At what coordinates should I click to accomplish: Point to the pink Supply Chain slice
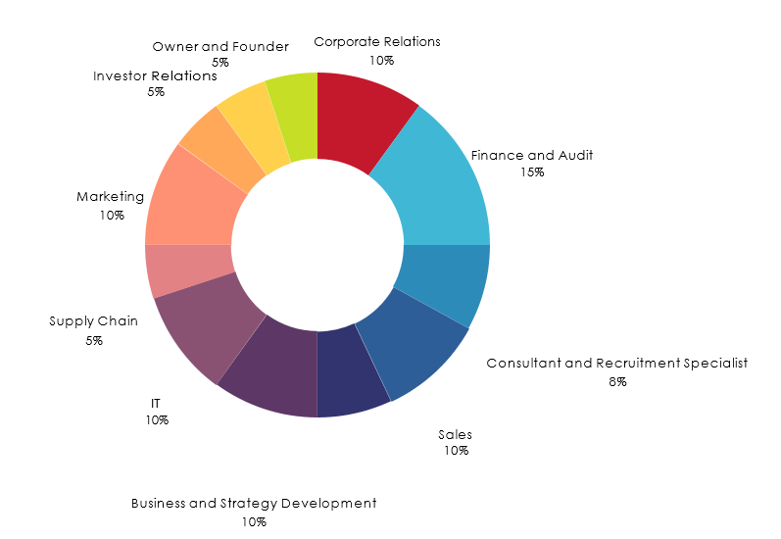[x=187, y=270]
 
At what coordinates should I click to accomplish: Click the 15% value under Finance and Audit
[x=533, y=172]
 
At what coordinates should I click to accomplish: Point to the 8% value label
[x=616, y=381]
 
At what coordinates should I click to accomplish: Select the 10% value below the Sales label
[x=456, y=451]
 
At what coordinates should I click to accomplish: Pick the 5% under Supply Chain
[x=94, y=340]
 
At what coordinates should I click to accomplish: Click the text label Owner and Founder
[x=220, y=46]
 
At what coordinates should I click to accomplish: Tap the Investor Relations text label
[x=155, y=75]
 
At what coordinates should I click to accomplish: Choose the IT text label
[x=156, y=403]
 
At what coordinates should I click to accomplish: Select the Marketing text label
[x=111, y=197]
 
